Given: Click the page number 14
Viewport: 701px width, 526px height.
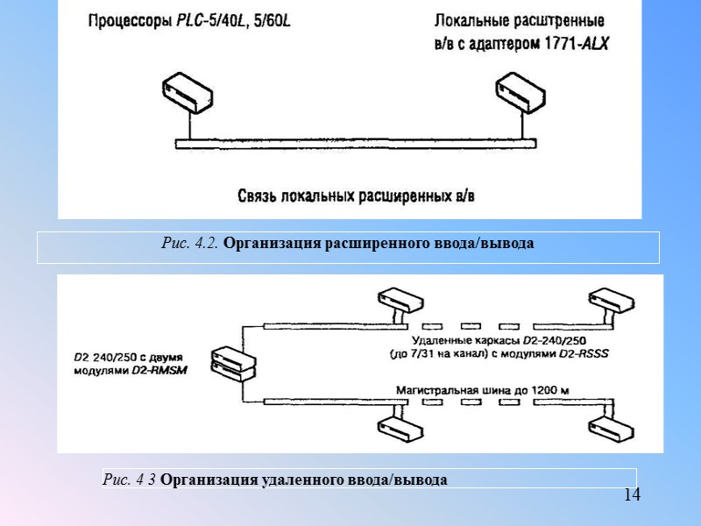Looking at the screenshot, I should click(x=632, y=495).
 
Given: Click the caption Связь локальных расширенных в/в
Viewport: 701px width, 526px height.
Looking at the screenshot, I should click(x=360, y=194).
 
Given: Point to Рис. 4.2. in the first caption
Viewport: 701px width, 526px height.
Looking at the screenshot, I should click(x=191, y=243).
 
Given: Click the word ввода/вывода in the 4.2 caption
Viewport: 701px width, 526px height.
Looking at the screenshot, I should click(x=491, y=243).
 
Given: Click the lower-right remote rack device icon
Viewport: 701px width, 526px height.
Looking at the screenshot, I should click(x=612, y=428).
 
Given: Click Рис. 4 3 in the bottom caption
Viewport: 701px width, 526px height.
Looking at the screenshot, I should click(x=130, y=480).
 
